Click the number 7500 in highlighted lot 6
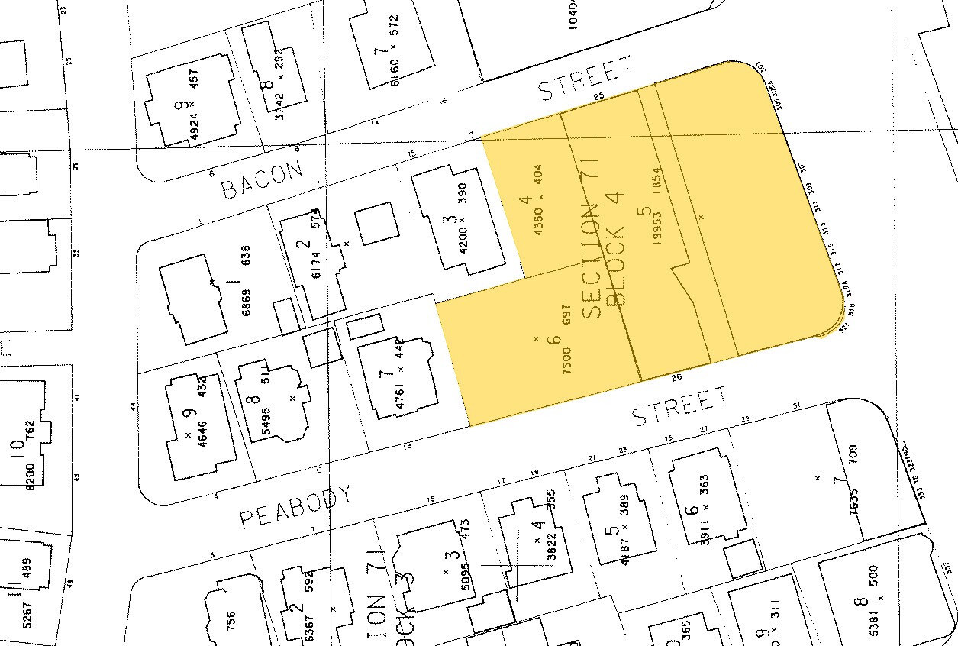(x=566, y=358)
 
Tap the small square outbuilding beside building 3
(x=378, y=223)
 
